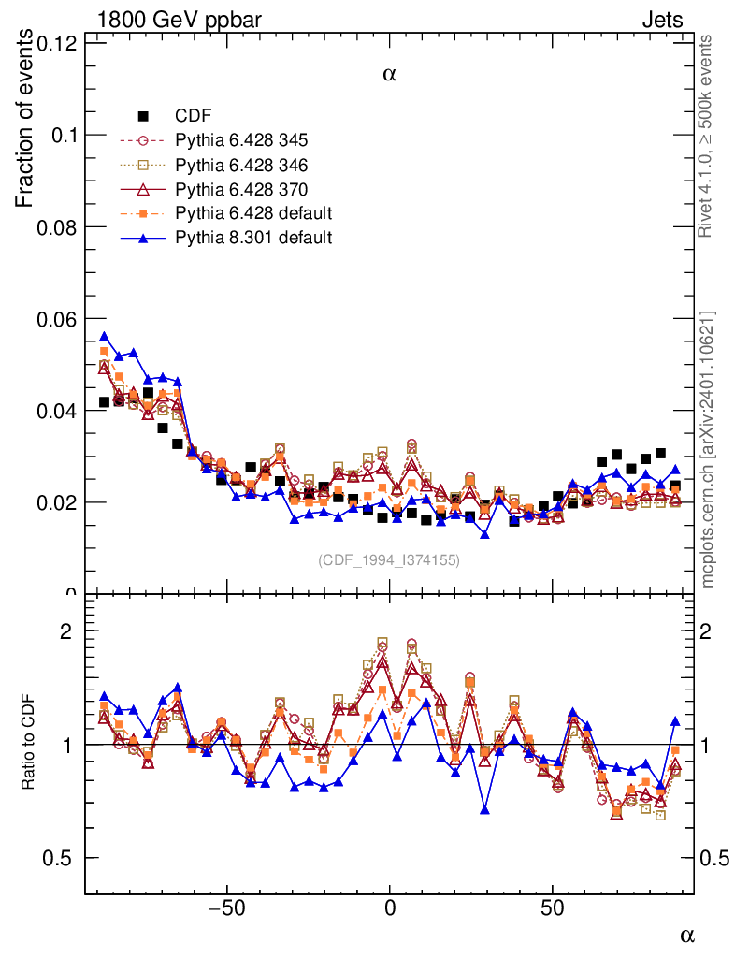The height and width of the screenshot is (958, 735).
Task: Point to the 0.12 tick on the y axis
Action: pos(56,43)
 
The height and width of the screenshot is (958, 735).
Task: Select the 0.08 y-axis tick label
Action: pos(56,227)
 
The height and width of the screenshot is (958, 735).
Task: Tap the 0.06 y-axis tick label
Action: pos(56,319)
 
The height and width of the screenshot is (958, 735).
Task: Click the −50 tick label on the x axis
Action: pos(225,908)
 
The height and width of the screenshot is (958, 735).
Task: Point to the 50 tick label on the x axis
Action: pos(552,908)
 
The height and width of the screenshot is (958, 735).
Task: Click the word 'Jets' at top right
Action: pos(661,20)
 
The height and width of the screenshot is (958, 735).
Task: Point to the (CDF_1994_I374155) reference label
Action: pos(389,560)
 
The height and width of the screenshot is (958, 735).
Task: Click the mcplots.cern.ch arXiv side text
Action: pos(708,449)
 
